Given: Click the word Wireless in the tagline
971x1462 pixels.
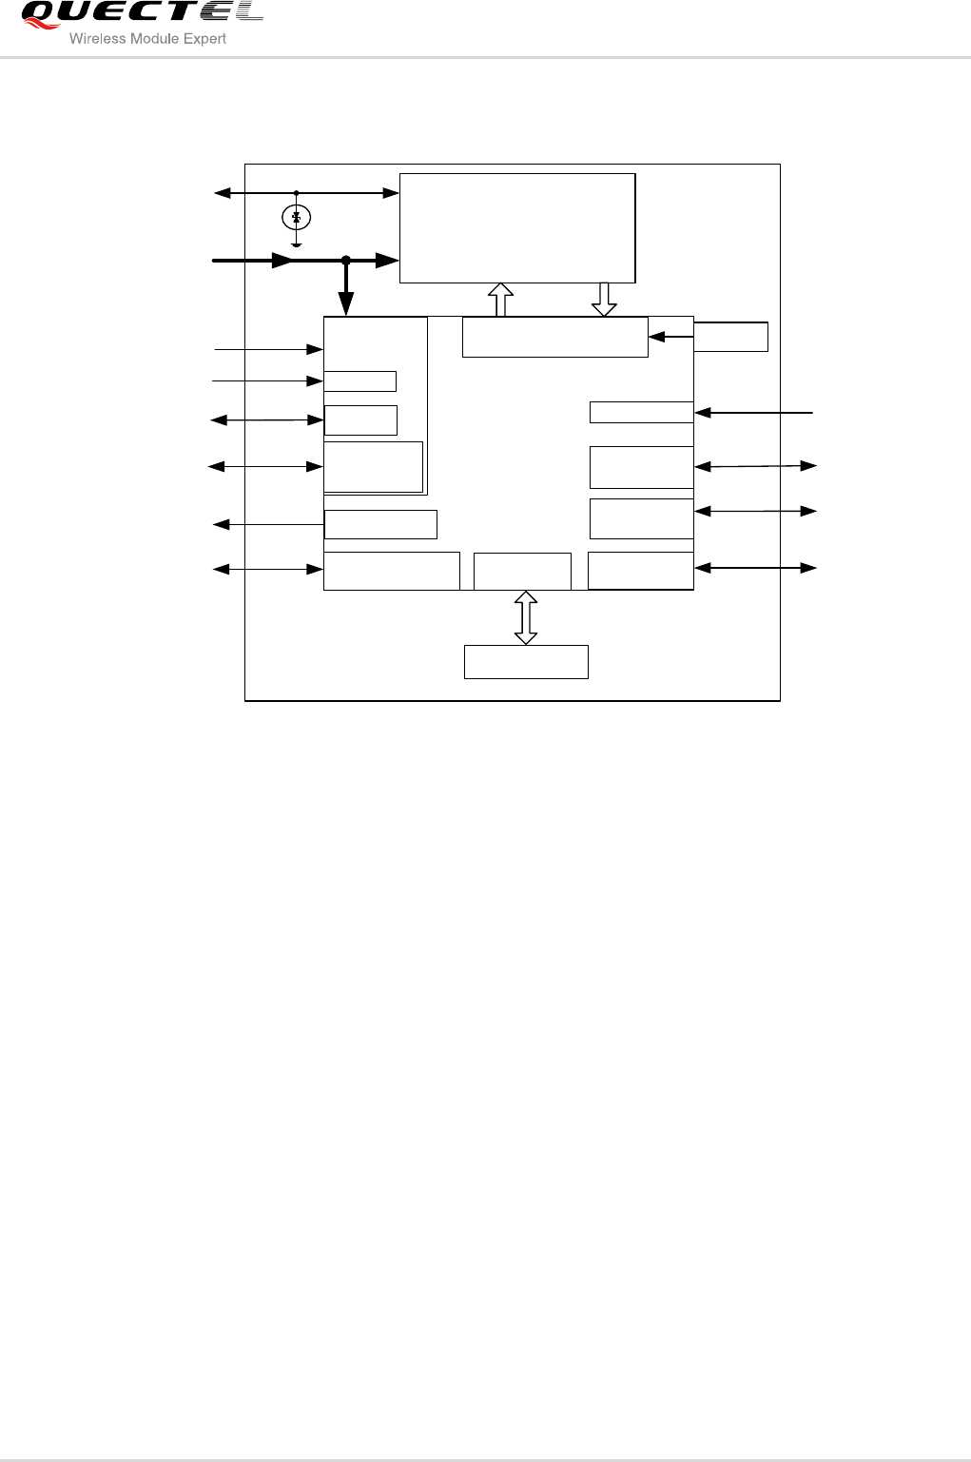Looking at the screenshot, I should click(x=97, y=39).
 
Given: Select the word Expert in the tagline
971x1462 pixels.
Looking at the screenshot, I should click(x=205, y=39).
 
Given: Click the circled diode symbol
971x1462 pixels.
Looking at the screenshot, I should click(x=297, y=218).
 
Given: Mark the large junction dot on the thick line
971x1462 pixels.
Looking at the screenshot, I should click(x=346, y=260).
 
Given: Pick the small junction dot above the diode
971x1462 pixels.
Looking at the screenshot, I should click(x=297, y=193).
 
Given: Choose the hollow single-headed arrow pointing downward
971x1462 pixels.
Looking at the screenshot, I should click(x=604, y=301).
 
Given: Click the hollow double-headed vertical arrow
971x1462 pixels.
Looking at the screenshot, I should click(x=526, y=617).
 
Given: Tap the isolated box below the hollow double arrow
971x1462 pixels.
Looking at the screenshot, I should click(x=526, y=662).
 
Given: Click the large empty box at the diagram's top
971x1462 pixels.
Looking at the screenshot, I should click(x=516, y=228).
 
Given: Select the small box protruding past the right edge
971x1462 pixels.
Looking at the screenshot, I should click(x=730, y=337).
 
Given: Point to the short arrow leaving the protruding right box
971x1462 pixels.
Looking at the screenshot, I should click(x=670, y=337).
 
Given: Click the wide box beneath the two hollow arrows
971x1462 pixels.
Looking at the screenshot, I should click(x=554, y=338).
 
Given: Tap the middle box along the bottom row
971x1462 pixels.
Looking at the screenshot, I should click(x=522, y=571).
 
